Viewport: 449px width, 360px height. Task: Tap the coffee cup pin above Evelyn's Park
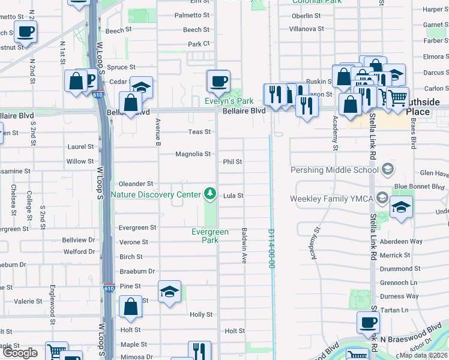pos(218,80)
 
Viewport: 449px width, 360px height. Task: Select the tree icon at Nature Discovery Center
pos(209,193)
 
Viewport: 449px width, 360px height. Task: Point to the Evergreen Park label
pos(209,236)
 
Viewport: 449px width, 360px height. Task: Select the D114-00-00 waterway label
pos(271,248)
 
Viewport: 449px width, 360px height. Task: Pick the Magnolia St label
pos(193,154)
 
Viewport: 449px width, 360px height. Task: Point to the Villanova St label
pos(306,29)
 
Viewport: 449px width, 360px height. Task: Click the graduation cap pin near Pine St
pos(169,292)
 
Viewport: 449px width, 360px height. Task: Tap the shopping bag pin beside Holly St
pos(131,307)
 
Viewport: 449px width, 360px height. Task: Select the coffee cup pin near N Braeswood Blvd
pos(368,323)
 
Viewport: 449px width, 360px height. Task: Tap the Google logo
pos(20,353)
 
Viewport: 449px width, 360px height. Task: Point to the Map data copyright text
pos(423,355)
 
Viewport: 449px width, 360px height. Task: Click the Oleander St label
pos(136,184)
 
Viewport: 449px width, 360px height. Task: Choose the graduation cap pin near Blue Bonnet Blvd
pos(401,207)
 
